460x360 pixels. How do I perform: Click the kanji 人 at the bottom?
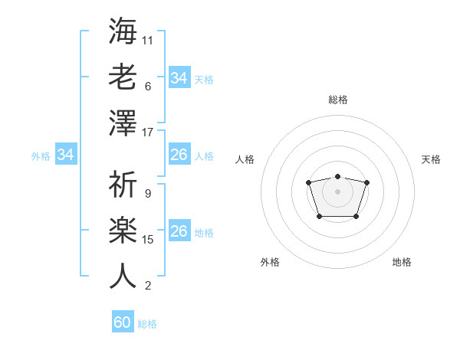(x=123, y=276)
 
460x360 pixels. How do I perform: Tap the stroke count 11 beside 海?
(x=148, y=40)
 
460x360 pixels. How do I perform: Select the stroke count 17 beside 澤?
(x=148, y=133)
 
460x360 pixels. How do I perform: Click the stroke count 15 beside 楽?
(x=148, y=240)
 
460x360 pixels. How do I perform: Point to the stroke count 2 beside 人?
(x=148, y=286)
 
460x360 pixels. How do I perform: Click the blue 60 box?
(x=123, y=322)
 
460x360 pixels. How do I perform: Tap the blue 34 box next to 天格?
(x=179, y=78)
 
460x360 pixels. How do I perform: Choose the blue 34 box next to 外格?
(x=66, y=155)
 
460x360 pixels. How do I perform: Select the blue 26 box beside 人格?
(x=179, y=155)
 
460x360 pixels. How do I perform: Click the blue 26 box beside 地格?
(x=179, y=231)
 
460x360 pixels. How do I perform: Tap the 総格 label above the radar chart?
(x=337, y=100)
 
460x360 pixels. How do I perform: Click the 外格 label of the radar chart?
(x=270, y=262)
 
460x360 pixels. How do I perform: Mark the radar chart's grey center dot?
(x=337, y=191)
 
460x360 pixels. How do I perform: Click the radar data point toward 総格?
(x=337, y=177)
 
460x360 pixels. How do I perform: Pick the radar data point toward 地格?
(x=356, y=217)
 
